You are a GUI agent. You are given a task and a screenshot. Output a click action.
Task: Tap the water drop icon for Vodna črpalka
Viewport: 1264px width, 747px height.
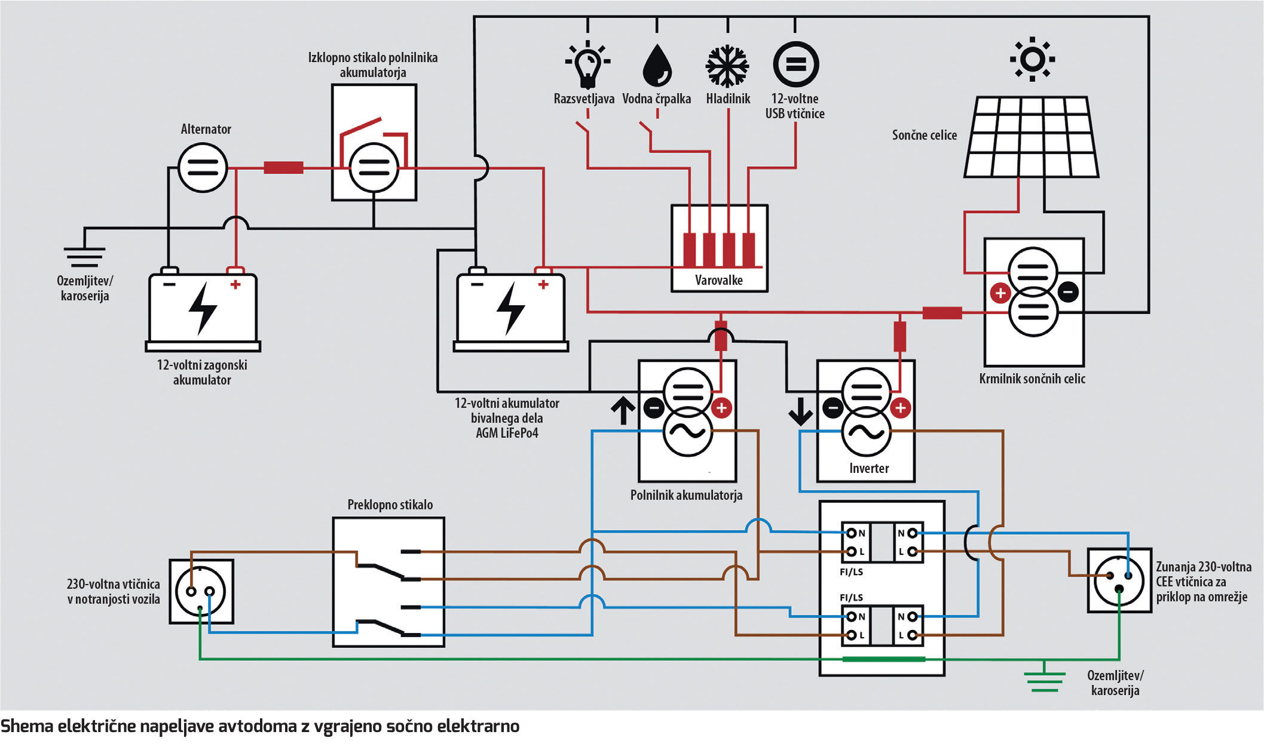coord(657,65)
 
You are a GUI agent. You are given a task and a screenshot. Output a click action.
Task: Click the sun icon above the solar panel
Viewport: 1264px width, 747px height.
coord(1032,59)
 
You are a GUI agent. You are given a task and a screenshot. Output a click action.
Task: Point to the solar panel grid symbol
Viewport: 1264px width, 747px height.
coord(1032,137)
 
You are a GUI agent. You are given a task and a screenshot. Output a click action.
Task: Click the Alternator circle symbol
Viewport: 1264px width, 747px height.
coord(203,168)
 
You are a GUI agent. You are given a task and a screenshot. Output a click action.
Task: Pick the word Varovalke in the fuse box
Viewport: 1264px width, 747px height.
coord(718,280)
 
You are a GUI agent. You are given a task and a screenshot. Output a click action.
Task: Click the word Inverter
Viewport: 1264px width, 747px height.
coord(868,468)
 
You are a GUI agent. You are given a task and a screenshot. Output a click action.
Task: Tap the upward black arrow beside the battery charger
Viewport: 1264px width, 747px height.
coord(623,411)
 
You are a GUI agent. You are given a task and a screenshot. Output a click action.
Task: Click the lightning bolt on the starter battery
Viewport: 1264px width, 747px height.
coord(202,308)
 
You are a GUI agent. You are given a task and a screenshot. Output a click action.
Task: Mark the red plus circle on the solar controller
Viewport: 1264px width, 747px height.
coord(1000,293)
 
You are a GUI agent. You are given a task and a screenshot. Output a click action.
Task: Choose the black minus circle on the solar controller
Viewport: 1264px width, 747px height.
coord(1069,292)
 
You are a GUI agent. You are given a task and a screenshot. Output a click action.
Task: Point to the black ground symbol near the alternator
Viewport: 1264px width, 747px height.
coord(85,256)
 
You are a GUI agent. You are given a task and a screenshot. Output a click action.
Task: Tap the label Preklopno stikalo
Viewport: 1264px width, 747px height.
coord(390,505)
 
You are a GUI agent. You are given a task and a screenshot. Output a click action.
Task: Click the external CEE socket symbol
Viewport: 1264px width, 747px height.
coord(1119,580)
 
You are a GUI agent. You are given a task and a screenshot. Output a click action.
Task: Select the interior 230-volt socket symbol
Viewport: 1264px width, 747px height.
coord(201,592)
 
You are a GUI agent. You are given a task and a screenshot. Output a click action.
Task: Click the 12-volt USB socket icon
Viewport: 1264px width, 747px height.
coord(795,64)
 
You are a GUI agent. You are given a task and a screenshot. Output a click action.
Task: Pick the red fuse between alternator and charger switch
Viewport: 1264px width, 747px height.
coord(283,168)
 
